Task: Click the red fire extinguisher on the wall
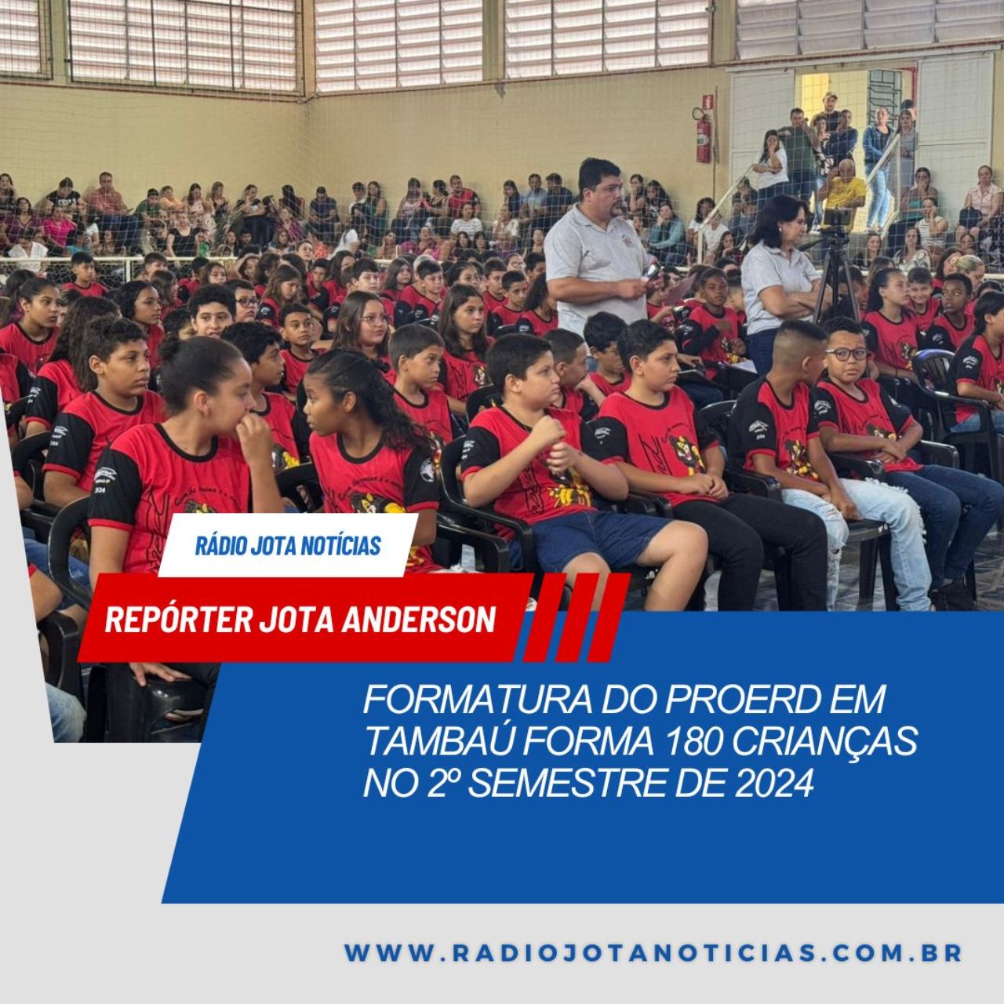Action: click(x=703, y=137)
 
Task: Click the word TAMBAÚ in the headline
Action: click(x=440, y=740)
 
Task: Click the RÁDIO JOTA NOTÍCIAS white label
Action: click(x=288, y=545)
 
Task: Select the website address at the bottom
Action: click(x=653, y=952)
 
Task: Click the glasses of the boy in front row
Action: click(x=846, y=355)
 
